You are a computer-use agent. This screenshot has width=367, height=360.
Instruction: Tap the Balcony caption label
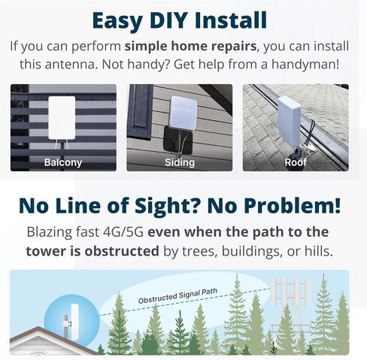(x=63, y=162)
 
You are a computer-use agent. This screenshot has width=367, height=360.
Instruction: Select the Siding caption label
(x=180, y=162)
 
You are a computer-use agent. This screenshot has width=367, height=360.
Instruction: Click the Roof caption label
(x=296, y=162)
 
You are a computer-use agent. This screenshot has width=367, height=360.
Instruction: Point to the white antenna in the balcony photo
(x=62, y=118)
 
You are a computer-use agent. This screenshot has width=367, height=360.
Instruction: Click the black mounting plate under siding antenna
(x=177, y=141)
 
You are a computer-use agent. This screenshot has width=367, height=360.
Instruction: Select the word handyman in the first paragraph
(x=305, y=65)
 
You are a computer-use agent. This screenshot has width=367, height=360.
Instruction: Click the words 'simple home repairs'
(x=190, y=46)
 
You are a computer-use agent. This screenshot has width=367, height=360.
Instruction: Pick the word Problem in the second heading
(x=289, y=205)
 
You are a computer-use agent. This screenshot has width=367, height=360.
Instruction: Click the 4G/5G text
(x=123, y=232)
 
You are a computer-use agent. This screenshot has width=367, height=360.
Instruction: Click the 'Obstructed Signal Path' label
(x=177, y=295)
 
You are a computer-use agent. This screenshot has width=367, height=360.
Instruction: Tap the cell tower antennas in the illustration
(x=291, y=291)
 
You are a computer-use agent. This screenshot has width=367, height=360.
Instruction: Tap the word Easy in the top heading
(x=117, y=21)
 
